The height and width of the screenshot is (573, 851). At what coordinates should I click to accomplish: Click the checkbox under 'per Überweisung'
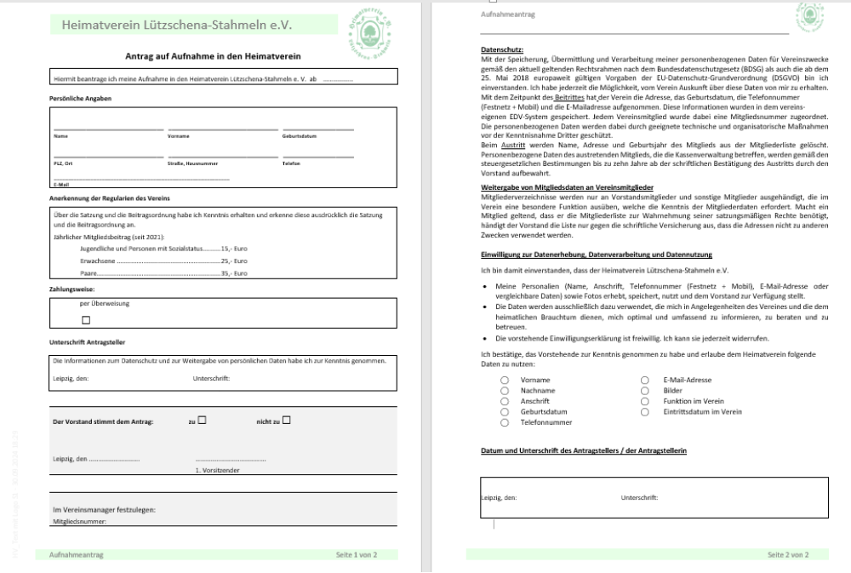point(85,321)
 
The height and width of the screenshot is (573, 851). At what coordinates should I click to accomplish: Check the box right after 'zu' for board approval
point(203,420)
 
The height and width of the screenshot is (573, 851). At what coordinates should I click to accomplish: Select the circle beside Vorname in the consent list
point(505,381)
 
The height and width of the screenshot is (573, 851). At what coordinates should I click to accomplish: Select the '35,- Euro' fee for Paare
point(233,274)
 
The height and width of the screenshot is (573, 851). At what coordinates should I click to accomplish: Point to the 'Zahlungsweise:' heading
point(71,289)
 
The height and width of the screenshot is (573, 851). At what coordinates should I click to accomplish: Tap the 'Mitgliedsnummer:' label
point(80,519)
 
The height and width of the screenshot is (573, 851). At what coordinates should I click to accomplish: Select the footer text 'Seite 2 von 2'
point(786,554)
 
